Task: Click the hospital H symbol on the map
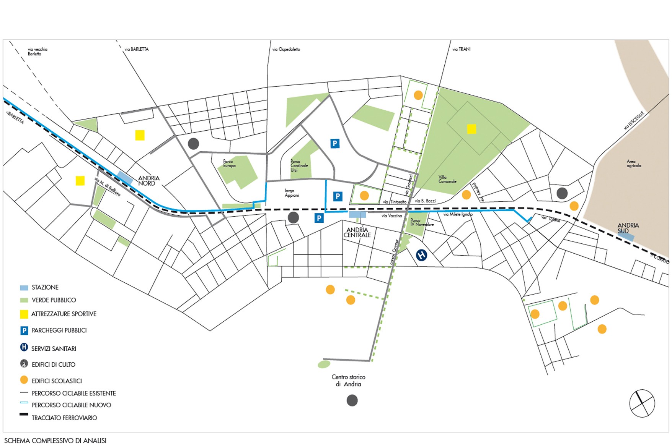[421, 255]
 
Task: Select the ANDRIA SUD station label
[628, 228]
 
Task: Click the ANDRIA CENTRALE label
[357, 233]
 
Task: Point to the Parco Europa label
[229, 164]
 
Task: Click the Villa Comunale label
[447, 179]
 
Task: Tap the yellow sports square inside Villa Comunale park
[471, 129]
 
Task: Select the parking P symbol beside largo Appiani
[338, 196]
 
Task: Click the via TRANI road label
[461, 49]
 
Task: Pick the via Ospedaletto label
[286, 49]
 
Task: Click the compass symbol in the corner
[642, 403]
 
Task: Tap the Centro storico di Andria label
[348, 381]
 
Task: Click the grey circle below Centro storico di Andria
[352, 400]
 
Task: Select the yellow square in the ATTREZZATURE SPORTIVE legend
[24, 314]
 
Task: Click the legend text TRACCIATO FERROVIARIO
[64, 418]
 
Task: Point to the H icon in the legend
[24, 347]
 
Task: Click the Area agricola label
[633, 164]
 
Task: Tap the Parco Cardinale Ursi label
[299, 166]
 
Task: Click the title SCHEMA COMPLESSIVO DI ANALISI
[55, 441]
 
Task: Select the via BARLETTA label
[136, 49]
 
